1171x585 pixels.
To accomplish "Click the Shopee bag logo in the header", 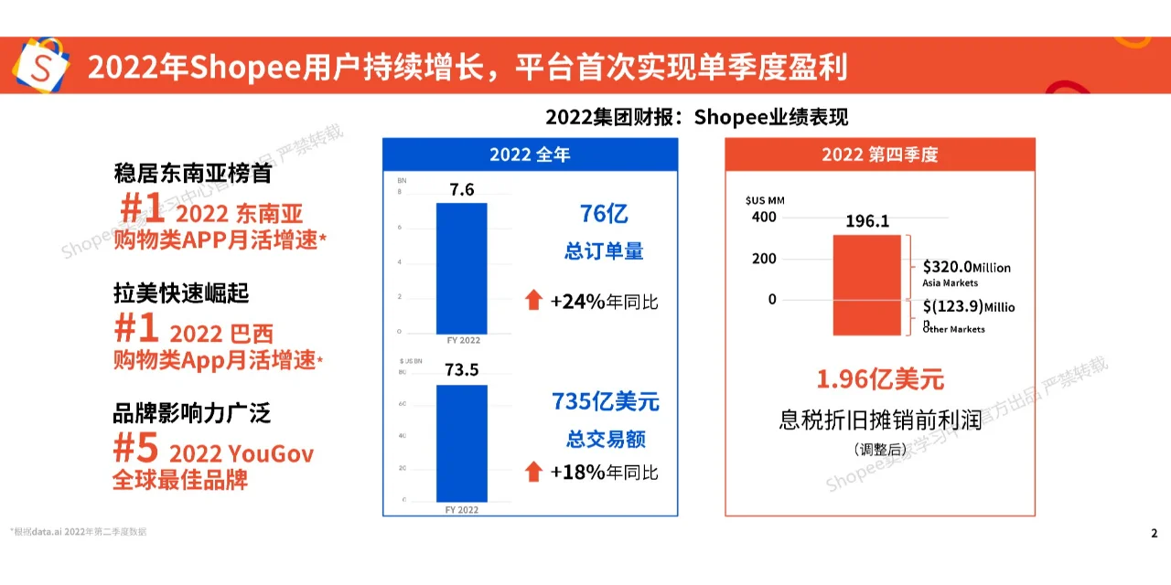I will (x=39, y=67).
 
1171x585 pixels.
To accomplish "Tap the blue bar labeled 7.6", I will (x=461, y=268).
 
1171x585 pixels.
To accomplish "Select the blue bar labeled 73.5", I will (x=461, y=442).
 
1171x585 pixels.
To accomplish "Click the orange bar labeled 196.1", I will (x=866, y=284).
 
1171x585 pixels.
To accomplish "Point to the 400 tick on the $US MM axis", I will (x=765, y=218).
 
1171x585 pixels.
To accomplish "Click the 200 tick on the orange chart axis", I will (x=765, y=259).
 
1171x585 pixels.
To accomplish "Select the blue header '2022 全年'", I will (x=530, y=154).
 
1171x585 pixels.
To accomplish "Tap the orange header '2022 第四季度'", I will (x=879, y=154).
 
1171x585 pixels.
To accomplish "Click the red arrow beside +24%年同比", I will (x=533, y=300).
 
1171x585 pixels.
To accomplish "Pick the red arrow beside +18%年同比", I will (x=533, y=472).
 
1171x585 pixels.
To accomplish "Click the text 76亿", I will (x=604, y=215).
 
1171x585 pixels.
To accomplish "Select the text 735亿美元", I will (x=605, y=402).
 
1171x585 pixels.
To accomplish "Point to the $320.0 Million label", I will (x=966, y=267).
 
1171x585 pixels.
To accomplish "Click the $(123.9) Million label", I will (x=968, y=307).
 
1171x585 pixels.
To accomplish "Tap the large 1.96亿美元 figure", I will (x=879, y=378).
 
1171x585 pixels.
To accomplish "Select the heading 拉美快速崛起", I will (x=181, y=293).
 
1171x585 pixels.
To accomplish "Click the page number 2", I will (x=1154, y=533).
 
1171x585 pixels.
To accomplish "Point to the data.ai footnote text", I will (x=78, y=531).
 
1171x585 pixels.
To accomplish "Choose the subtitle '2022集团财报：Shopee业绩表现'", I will (x=696, y=117).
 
